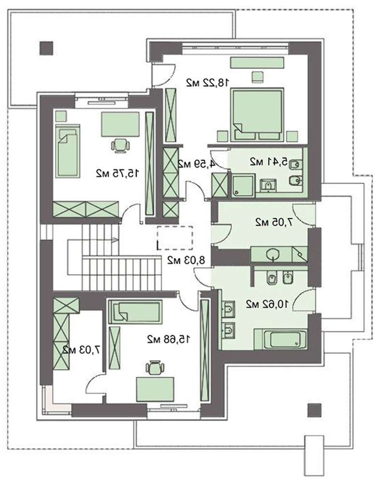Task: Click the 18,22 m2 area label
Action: pyautogui.click(x=208, y=83)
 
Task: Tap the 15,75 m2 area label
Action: pyautogui.click(x=117, y=173)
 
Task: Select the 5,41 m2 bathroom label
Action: pyautogui.click(x=268, y=161)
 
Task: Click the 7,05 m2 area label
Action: pyautogui.click(x=274, y=222)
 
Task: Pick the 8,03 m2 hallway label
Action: pyautogui.click(x=186, y=261)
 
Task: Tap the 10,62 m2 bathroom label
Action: pyautogui.click(x=267, y=304)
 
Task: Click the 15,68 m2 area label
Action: pyautogui.click(x=169, y=340)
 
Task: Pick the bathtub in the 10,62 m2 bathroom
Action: pyautogui.click(x=281, y=340)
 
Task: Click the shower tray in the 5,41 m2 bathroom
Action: pyautogui.click(x=243, y=185)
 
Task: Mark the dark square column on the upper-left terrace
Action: pyautogui.click(x=46, y=48)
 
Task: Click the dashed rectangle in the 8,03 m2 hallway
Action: pyautogui.click(x=175, y=238)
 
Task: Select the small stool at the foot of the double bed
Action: pyautogui.click(x=257, y=77)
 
